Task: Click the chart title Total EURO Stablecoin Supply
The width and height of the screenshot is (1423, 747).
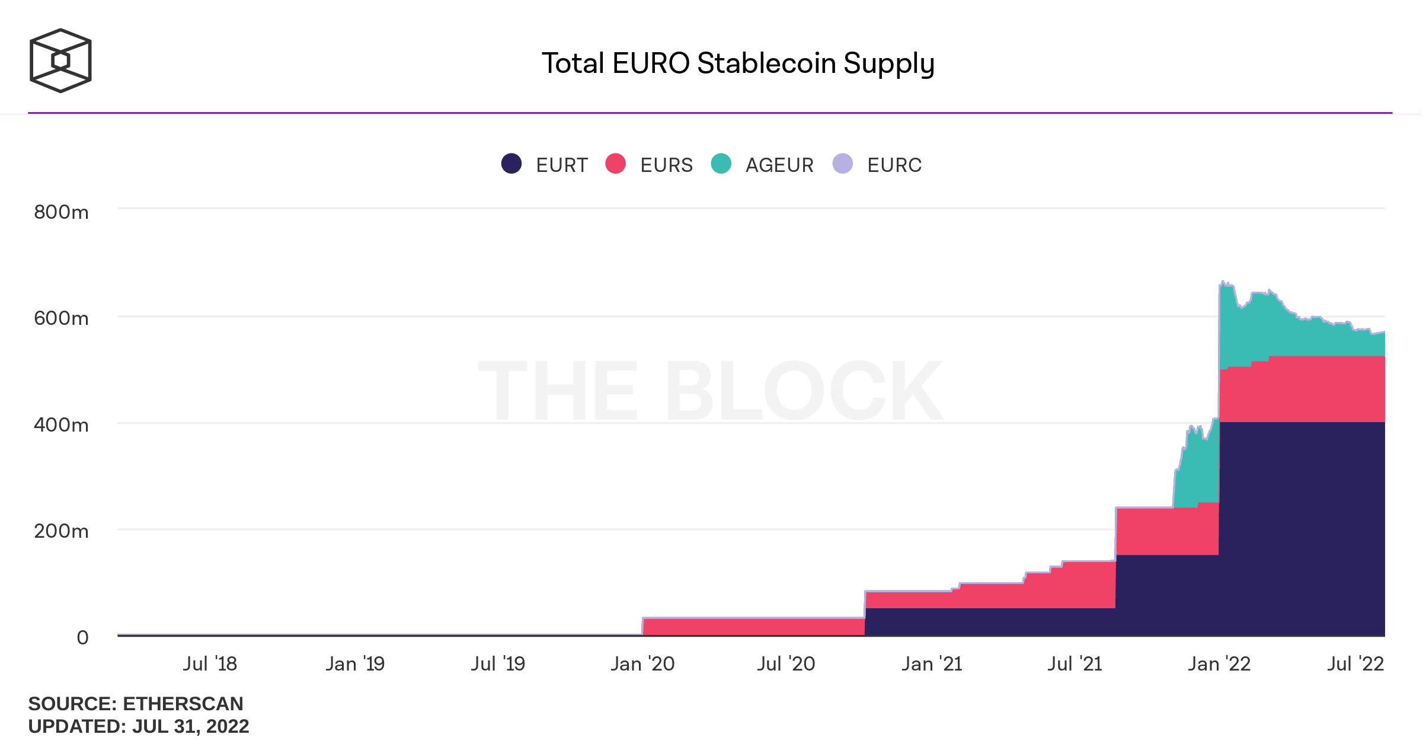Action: pyautogui.click(x=738, y=63)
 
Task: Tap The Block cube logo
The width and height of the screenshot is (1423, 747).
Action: pyautogui.click(x=60, y=60)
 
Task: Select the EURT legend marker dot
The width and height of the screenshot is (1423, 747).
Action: pyautogui.click(x=511, y=164)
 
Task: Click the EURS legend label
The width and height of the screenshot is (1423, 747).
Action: pyautogui.click(x=666, y=165)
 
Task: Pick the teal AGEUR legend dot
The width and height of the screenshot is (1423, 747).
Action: pyautogui.click(x=721, y=164)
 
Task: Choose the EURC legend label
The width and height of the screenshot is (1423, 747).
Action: pyautogui.click(x=894, y=165)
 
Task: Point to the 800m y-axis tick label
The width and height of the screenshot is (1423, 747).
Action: pyautogui.click(x=61, y=212)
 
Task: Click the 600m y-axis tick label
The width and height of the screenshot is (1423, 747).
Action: pyautogui.click(x=61, y=318)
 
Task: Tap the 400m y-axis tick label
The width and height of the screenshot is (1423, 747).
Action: pyautogui.click(x=61, y=425)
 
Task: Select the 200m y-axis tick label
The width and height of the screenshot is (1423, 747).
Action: pyautogui.click(x=61, y=531)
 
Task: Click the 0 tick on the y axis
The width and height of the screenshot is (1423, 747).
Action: pyautogui.click(x=82, y=637)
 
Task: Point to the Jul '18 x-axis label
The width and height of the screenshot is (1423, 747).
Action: pyautogui.click(x=210, y=664)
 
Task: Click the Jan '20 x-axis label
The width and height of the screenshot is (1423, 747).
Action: pyautogui.click(x=642, y=664)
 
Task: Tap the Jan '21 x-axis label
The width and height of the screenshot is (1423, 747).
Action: pyautogui.click(x=932, y=664)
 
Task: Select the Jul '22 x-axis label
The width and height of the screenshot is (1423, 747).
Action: pyautogui.click(x=1355, y=664)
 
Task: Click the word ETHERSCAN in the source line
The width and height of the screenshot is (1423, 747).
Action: pyautogui.click(x=183, y=704)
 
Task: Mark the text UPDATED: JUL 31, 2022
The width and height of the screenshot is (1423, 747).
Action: pyautogui.click(x=138, y=726)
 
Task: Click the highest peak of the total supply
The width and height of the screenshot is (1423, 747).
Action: pyautogui.click(x=1223, y=282)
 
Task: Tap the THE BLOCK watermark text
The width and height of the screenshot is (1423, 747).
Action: pyautogui.click(x=710, y=391)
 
